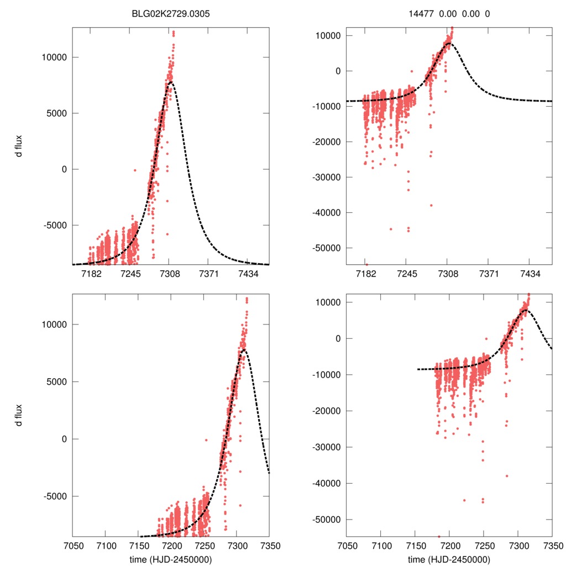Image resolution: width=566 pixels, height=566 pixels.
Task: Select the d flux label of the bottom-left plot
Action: tap(19, 415)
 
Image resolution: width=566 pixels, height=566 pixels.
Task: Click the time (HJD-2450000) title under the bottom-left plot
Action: tap(171, 559)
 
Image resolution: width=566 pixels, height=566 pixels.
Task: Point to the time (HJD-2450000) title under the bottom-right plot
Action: tap(449, 559)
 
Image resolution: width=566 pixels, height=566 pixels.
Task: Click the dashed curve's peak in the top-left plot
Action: tap(170, 82)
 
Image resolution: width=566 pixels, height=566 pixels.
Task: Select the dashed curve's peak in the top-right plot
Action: tap(448, 43)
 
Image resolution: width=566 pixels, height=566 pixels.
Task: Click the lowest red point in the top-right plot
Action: tap(366, 264)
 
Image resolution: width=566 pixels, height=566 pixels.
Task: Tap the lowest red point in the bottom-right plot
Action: tap(439, 536)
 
